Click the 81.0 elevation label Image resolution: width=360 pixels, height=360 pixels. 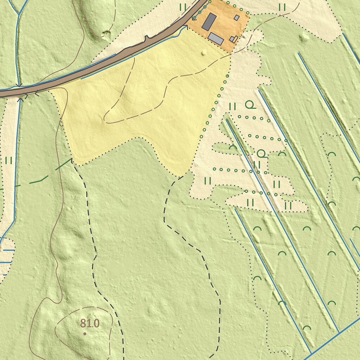click(x=90, y=323)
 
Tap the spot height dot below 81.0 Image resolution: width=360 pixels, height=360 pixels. click(x=85, y=334)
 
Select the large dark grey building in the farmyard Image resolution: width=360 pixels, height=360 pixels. click(x=209, y=22)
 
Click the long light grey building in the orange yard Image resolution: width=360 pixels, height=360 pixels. click(x=216, y=39)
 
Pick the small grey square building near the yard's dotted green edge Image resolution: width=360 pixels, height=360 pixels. click(x=237, y=18)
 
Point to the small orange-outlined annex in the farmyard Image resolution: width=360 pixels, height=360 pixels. click(x=234, y=39)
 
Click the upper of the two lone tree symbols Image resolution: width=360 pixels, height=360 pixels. click(x=250, y=104)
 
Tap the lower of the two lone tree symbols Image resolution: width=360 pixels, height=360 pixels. click(x=261, y=153)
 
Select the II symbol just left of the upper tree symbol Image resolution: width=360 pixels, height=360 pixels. click(x=232, y=106)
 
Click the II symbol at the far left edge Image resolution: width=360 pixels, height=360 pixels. click(x=9, y=161)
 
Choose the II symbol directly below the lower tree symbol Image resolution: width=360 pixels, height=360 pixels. click(x=257, y=165)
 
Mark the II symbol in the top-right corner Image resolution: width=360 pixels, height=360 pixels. click(x=282, y=7)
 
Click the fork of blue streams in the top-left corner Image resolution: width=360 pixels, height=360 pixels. click(x=18, y=14)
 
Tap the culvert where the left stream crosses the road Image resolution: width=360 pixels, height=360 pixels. click(x=19, y=92)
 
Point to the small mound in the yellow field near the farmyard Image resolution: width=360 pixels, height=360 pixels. click(x=204, y=53)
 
